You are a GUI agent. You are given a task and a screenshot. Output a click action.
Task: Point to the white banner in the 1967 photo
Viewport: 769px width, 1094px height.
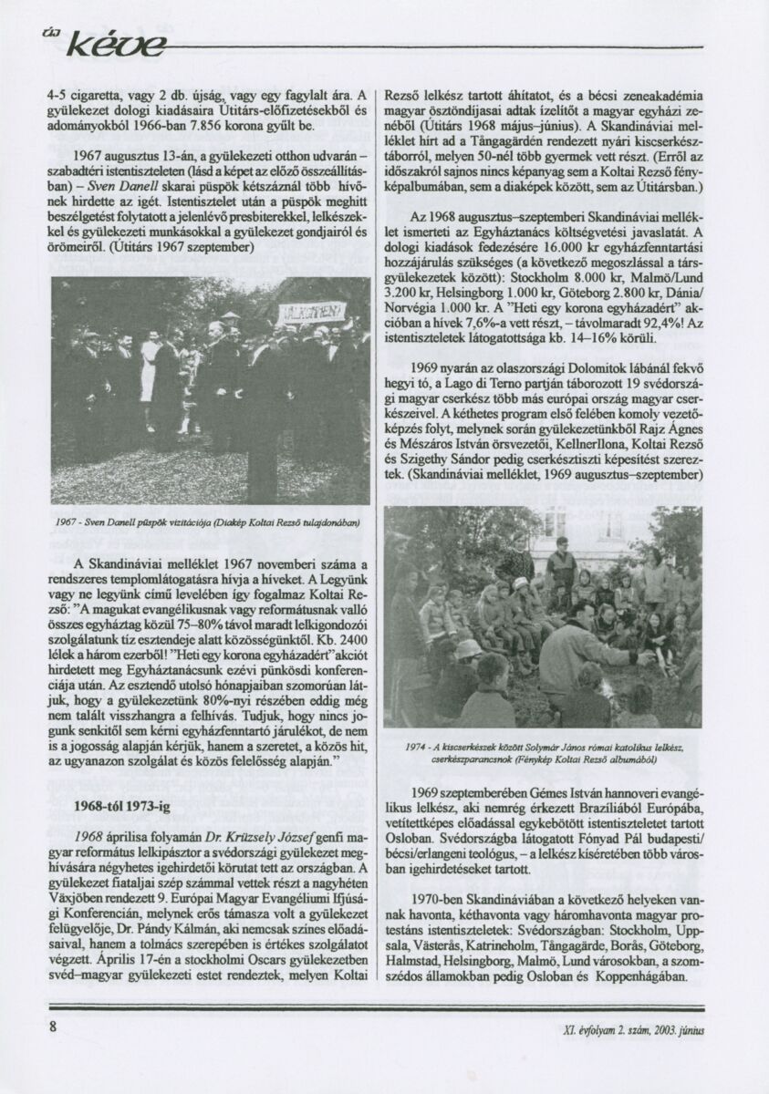tap(311, 313)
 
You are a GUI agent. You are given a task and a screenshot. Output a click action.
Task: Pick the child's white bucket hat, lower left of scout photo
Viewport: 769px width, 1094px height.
tap(469, 648)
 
